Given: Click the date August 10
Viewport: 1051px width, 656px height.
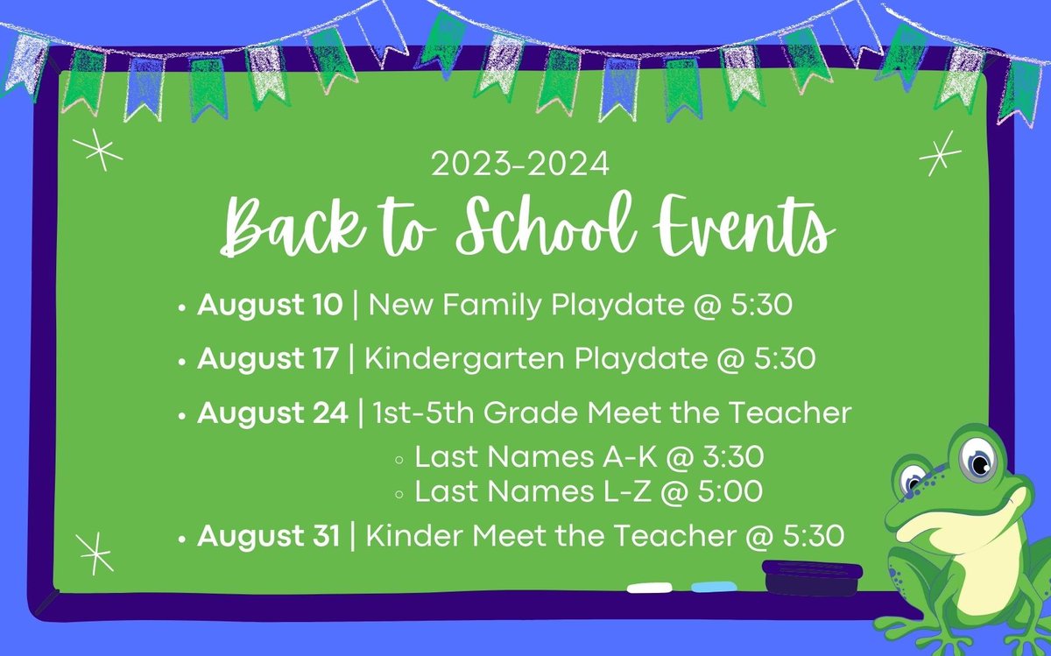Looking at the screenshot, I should coord(271,306).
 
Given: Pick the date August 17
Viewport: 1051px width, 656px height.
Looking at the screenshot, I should coord(268,359).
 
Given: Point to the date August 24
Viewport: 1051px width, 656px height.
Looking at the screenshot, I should coord(272,413).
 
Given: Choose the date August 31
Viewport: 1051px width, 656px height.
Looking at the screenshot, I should coord(268,536).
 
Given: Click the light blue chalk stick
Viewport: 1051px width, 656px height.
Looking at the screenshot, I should coord(714,586).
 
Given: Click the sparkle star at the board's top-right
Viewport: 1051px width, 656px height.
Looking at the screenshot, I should coord(940,154).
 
